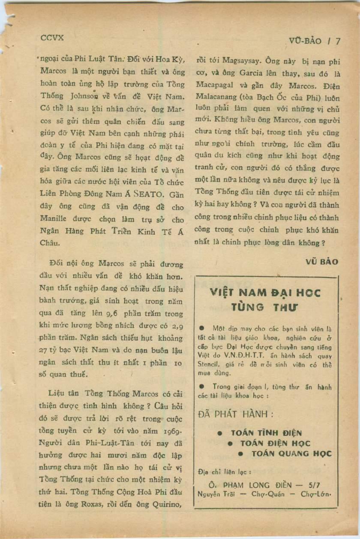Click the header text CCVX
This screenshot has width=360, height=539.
pyautogui.click(x=52, y=38)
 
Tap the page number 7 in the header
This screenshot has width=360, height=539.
pyautogui.click(x=338, y=41)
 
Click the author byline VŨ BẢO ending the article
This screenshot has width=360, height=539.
pyautogui.click(x=322, y=261)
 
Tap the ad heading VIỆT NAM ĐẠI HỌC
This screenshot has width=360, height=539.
pyautogui.click(x=265, y=293)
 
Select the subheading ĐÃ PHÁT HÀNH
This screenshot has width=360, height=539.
pyautogui.click(x=235, y=414)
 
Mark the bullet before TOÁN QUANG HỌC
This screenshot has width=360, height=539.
pyautogui.click(x=240, y=454)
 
